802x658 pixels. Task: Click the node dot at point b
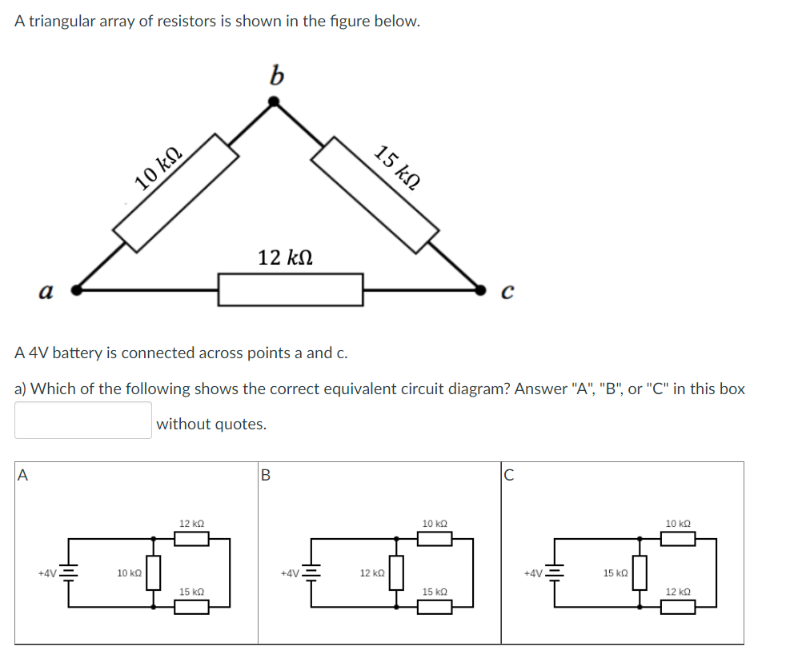pyautogui.click(x=274, y=102)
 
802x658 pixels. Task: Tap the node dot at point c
pyautogui.click(x=481, y=289)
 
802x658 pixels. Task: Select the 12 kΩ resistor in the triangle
pyautogui.click(x=291, y=289)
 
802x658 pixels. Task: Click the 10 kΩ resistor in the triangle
pyautogui.click(x=176, y=193)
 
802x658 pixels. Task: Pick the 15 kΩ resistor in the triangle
pyautogui.click(x=375, y=194)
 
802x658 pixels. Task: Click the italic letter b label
pyautogui.click(x=276, y=75)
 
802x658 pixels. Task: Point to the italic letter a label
pyautogui.click(x=46, y=292)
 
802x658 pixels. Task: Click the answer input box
pyautogui.click(x=82, y=421)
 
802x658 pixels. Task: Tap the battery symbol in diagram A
pyautogui.click(x=69, y=573)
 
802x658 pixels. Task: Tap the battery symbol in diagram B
pyautogui.click(x=311, y=573)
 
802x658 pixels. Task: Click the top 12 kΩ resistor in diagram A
pyautogui.click(x=191, y=539)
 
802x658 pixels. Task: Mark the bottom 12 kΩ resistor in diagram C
pyautogui.click(x=678, y=607)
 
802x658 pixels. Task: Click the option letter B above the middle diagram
pyautogui.click(x=266, y=475)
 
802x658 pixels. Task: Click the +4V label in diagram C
pyautogui.click(x=533, y=573)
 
